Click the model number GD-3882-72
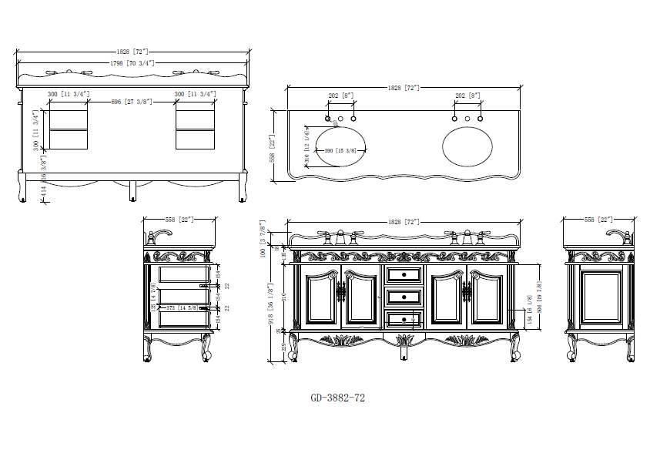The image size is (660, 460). tap(337, 398)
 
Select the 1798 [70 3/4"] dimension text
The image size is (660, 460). tap(133, 62)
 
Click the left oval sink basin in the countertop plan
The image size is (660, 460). tap(340, 144)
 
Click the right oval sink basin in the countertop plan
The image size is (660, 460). tap(467, 144)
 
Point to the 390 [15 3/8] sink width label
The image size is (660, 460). tap(340, 150)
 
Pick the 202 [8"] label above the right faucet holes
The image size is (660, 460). tap(467, 96)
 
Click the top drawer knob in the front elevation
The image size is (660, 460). tap(404, 274)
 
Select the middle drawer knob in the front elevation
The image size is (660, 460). tap(404, 296)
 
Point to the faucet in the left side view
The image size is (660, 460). tap(160, 234)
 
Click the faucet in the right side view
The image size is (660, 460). tap(618, 234)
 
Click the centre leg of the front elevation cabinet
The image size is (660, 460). tap(404, 348)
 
